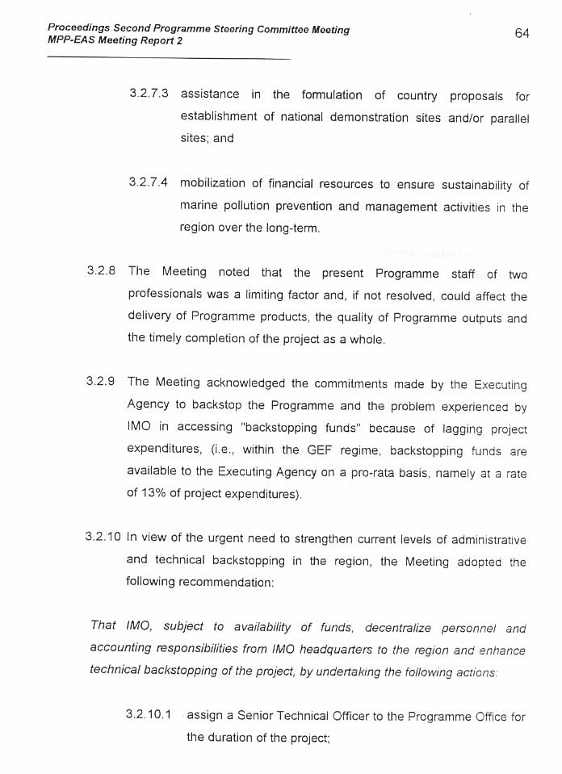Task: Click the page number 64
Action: coord(522,33)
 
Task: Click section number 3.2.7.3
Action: coord(149,94)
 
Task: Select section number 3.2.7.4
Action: coord(149,183)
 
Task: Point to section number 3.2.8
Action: coord(102,272)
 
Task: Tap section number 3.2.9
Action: coord(102,382)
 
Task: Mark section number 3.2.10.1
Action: coord(149,715)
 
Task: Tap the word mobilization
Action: coord(212,184)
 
